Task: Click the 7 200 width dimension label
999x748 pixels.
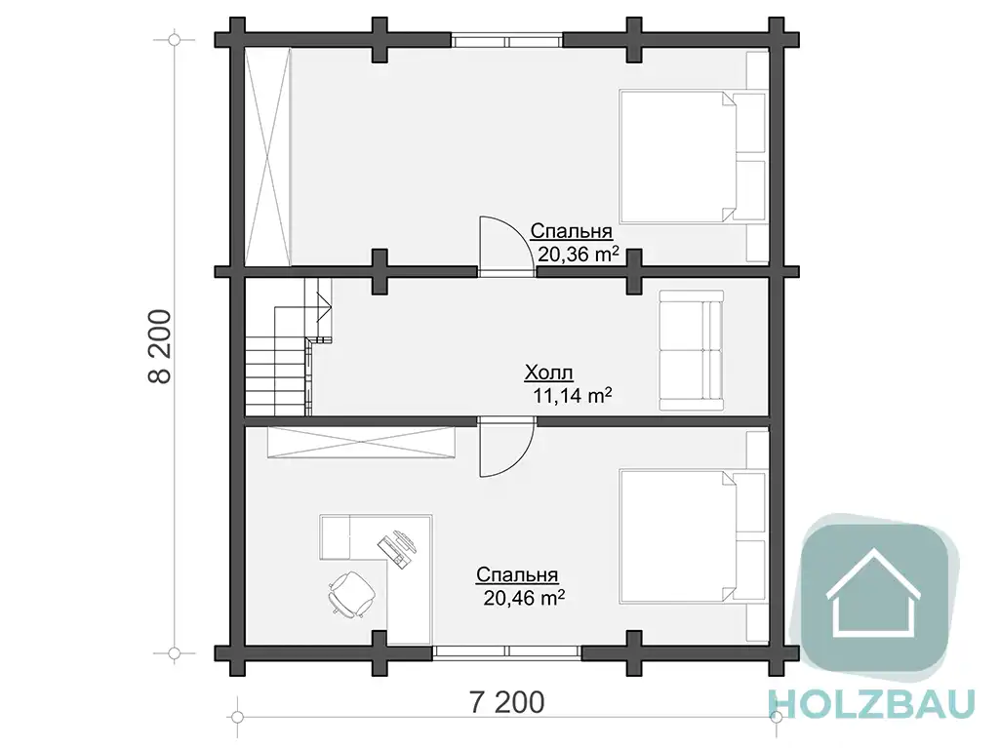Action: [507, 702]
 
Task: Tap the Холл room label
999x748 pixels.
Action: [548, 373]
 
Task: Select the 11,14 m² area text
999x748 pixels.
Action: [572, 396]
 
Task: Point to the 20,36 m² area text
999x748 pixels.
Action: [578, 255]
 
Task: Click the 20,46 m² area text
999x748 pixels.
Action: [524, 598]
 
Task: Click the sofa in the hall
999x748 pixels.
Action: [692, 350]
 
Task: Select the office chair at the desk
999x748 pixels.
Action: [351, 594]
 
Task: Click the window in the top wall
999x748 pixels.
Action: [507, 41]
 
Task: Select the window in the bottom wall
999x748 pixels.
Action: [507, 651]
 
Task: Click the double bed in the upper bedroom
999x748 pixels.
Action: [693, 157]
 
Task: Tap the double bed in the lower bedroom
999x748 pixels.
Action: [693, 537]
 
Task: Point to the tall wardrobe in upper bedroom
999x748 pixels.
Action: [268, 157]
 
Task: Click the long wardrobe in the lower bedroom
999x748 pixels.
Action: [362, 442]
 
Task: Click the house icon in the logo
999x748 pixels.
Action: [873, 593]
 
